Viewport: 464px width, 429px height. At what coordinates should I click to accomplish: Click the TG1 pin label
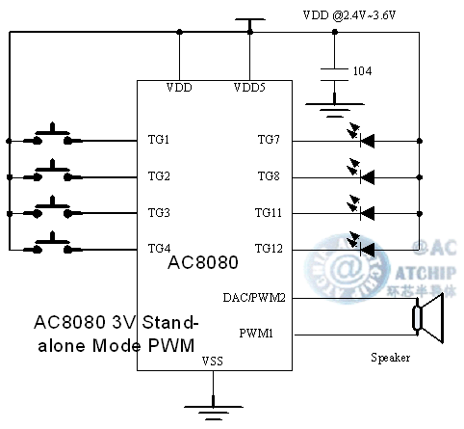pos(159,141)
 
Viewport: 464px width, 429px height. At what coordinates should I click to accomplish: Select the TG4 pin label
pos(159,248)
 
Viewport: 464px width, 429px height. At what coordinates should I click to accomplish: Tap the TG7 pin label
pos(268,141)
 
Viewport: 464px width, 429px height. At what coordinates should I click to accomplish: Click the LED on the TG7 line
pos(365,139)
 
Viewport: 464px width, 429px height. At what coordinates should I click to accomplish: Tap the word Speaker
pos(391,359)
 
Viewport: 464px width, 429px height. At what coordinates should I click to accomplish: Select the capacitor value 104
pos(362,71)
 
